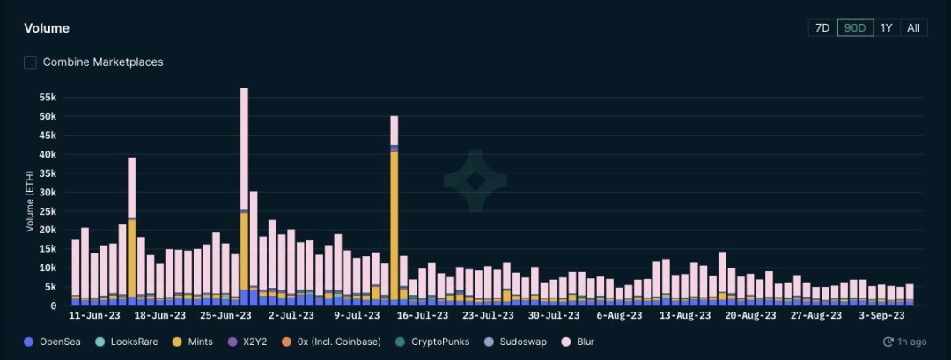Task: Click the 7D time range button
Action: [x=822, y=27]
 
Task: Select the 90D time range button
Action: [x=855, y=27]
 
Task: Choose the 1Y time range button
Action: [x=887, y=27]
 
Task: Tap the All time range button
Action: [x=914, y=27]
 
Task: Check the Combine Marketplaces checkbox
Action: [x=31, y=62]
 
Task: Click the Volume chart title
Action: [x=47, y=28]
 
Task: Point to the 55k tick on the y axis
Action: [x=47, y=97]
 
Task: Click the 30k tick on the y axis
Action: [x=47, y=192]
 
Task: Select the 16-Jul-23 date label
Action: [x=424, y=314]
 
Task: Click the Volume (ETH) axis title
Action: [x=29, y=201]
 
